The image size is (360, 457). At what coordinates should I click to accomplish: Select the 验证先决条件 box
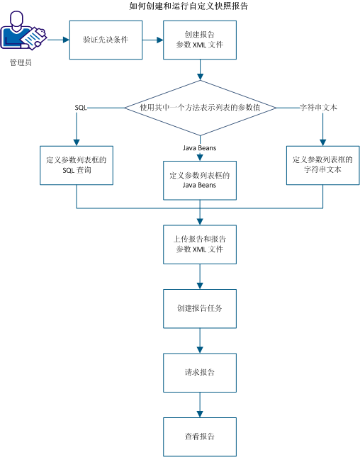tap(106, 40)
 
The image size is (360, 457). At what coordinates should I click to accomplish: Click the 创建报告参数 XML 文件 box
tap(200, 40)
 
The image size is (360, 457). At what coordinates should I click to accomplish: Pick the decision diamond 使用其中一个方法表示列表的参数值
tap(201, 107)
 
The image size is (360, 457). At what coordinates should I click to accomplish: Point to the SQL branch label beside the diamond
tap(81, 107)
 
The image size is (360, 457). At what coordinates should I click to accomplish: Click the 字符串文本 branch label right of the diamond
tap(317, 107)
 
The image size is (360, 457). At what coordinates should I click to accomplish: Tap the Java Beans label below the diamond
tap(201, 147)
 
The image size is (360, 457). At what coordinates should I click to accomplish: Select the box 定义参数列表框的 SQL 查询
tap(77, 166)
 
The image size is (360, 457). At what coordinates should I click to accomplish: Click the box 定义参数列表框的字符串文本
tap(323, 166)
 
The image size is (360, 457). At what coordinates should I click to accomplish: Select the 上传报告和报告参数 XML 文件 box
tap(200, 244)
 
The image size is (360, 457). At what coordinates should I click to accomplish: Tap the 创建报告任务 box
tap(200, 309)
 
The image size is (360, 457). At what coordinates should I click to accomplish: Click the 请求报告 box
tap(200, 372)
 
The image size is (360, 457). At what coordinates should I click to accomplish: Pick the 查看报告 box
tap(200, 436)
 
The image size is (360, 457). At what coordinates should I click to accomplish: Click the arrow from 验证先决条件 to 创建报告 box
tap(153, 40)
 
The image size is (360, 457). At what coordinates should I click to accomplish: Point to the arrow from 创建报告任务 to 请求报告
tap(201, 341)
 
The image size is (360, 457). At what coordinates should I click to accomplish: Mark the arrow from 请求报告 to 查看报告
tap(201, 404)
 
